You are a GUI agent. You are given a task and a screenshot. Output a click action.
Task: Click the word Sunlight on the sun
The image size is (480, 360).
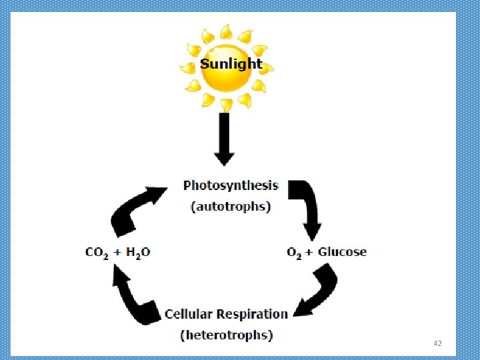point(231,65)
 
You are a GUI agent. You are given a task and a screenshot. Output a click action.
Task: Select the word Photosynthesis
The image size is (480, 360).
point(231,185)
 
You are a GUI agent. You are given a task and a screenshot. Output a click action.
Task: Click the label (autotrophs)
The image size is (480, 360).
point(231,206)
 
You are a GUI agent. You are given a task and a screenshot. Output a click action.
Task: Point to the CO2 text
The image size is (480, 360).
point(97,252)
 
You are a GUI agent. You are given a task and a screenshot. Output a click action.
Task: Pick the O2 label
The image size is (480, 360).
point(294,252)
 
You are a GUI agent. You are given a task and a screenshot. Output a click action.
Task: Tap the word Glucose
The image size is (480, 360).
point(342,251)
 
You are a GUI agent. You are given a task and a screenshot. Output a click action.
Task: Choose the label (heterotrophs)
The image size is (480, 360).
point(227,335)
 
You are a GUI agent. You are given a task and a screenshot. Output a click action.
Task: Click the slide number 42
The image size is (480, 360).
point(437,343)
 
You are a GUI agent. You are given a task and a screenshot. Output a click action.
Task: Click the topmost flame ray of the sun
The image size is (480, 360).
point(227,31)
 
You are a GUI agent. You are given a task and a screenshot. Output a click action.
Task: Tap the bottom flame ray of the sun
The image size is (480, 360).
point(227,104)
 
